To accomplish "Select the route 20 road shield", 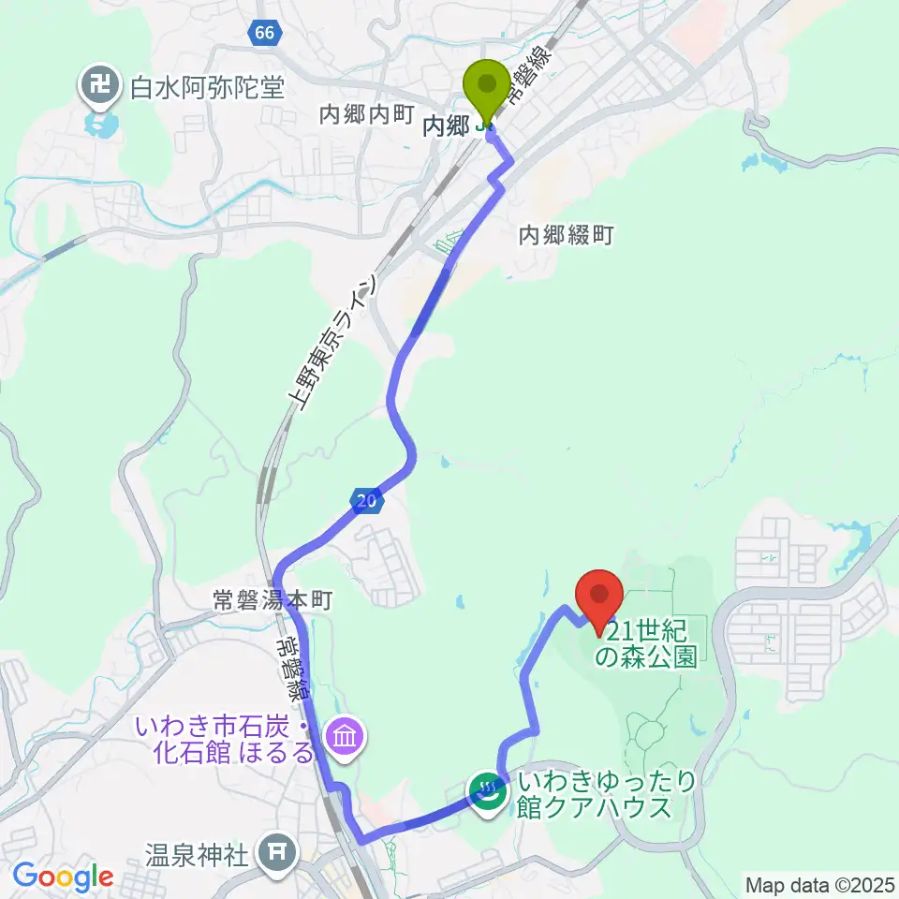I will (x=368, y=502).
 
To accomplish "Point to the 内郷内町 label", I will (x=366, y=114).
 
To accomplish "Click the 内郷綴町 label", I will (x=566, y=235).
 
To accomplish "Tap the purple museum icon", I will (x=344, y=738).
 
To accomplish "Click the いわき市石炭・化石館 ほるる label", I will (x=225, y=739).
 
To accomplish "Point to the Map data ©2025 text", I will (x=820, y=884).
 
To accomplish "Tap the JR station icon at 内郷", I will (x=483, y=125).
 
